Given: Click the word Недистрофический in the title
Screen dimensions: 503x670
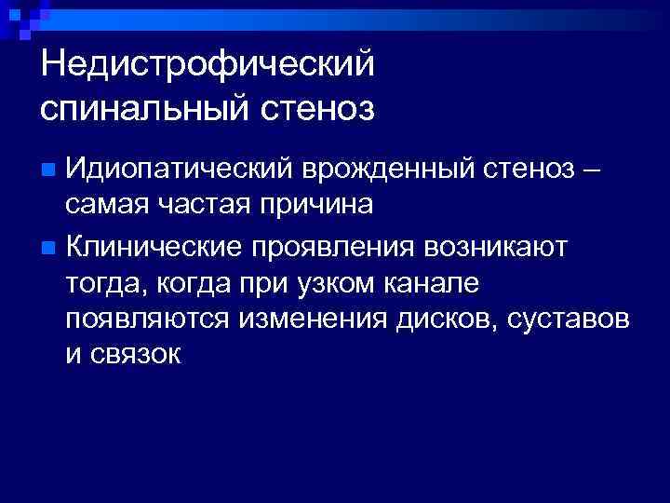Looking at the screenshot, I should [208, 65].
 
